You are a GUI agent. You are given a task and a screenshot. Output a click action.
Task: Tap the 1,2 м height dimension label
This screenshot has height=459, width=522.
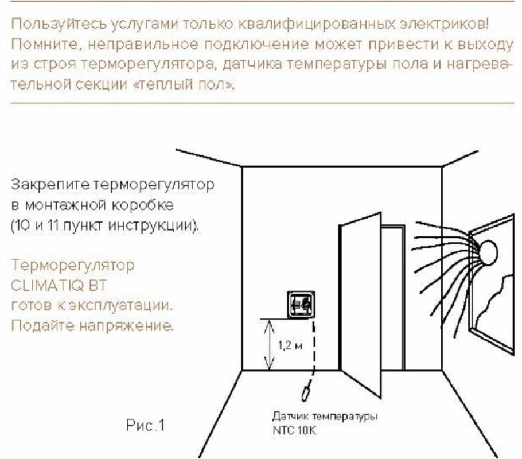tap(287, 345)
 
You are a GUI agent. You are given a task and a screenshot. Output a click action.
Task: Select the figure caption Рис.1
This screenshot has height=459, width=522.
tap(145, 426)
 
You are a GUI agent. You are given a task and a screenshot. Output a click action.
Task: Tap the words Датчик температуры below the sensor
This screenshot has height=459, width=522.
tap(325, 417)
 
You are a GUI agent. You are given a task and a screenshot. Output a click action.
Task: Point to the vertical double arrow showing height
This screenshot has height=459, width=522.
tap(267, 344)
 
